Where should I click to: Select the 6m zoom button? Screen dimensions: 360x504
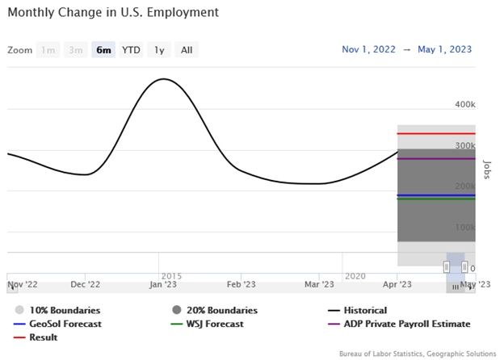click(x=103, y=50)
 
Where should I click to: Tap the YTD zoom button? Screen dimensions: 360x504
click(x=131, y=50)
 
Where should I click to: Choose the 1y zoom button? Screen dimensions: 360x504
click(x=159, y=50)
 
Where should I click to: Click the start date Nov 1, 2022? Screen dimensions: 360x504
click(x=369, y=49)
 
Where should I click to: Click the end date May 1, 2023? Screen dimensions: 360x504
click(x=445, y=49)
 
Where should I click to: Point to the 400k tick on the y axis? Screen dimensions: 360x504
click(x=464, y=105)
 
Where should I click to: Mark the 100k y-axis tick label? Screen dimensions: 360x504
click(x=464, y=228)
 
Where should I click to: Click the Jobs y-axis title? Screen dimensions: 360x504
click(x=487, y=170)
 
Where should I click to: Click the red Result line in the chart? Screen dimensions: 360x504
click(x=436, y=133)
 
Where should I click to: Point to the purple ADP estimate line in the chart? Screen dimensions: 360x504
click(x=436, y=158)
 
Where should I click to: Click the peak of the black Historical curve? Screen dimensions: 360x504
click(x=164, y=79)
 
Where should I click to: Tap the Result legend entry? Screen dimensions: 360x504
click(x=42, y=337)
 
